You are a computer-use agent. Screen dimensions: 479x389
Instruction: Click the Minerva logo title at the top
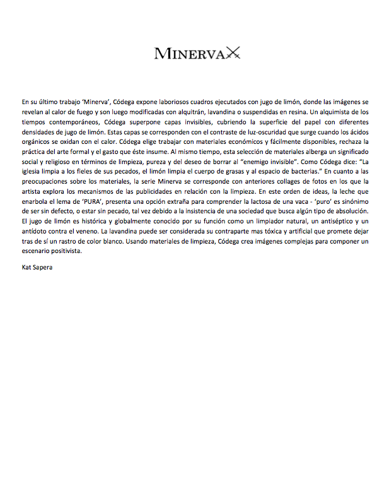coord(187,53)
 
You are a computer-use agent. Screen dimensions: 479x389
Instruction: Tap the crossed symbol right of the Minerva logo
coord(231,53)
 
